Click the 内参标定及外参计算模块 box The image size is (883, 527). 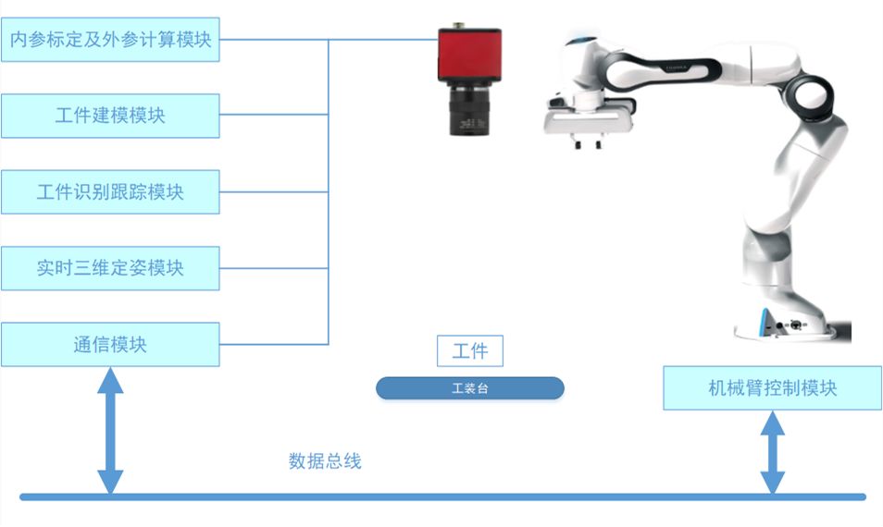pos(110,41)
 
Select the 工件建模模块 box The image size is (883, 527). pos(110,116)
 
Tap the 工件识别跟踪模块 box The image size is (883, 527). pos(110,192)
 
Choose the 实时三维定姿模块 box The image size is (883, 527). pos(110,268)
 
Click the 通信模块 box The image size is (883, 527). pos(110,345)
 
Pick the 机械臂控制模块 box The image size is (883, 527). pos(772,388)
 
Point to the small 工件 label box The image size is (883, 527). pos(470,351)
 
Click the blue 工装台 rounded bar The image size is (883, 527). pos(469,388)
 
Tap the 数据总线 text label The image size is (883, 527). pos(325,460)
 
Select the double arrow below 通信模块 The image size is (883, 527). pos(110,431)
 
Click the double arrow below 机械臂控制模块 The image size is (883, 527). pos(772,453)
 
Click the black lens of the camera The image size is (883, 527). pos(470,111)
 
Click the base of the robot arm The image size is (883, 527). pos(789,324)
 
